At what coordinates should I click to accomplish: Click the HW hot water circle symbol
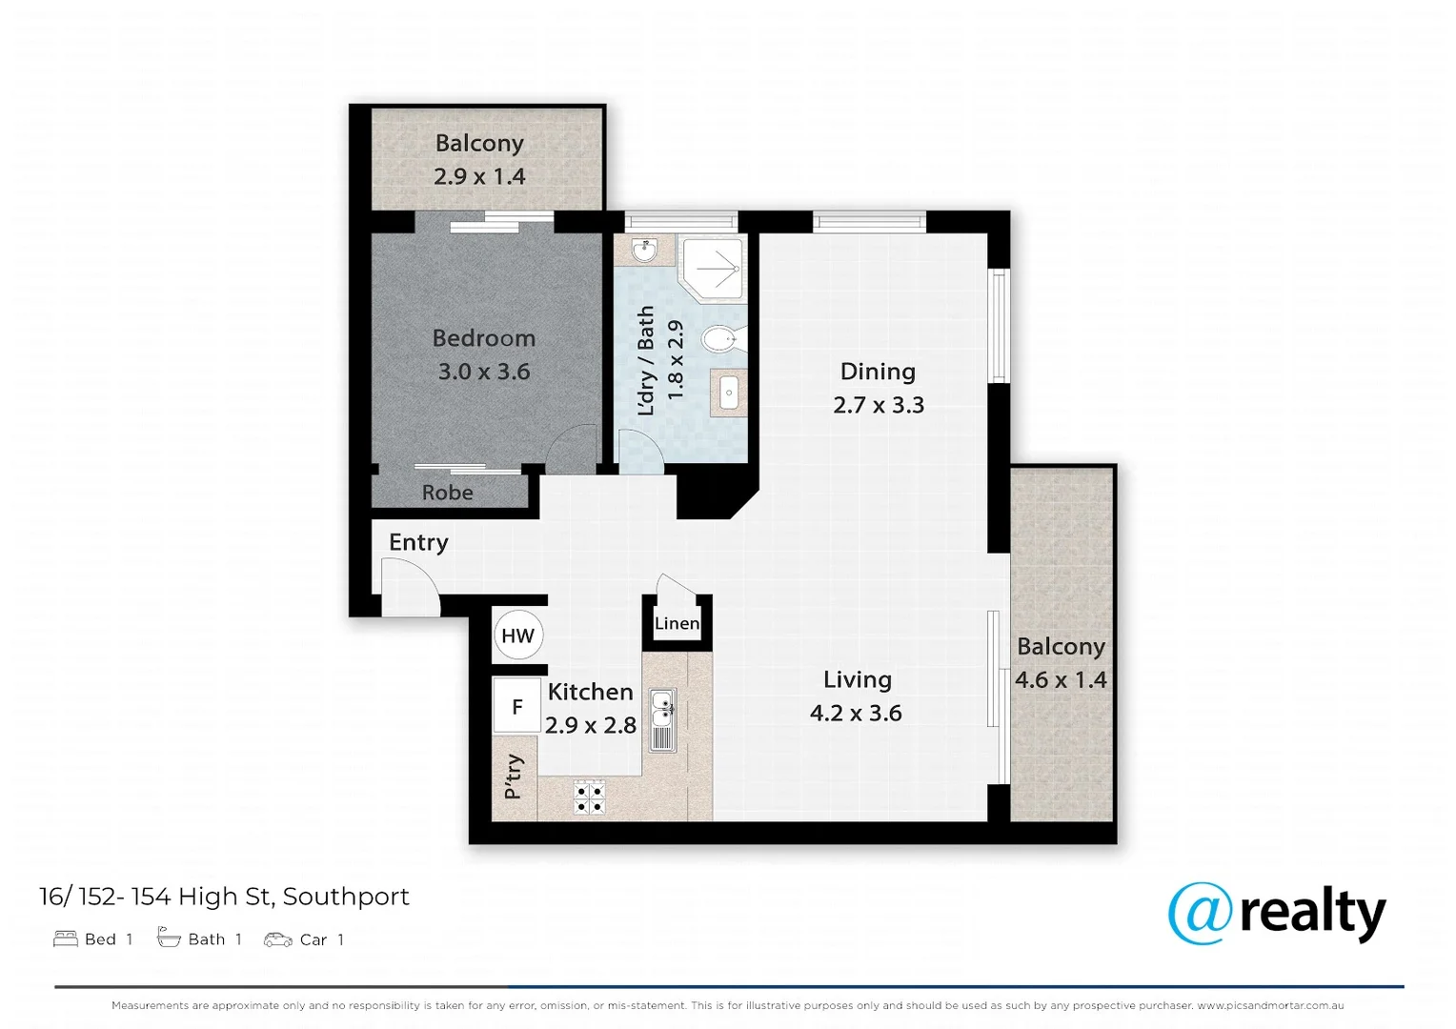coord(517,636)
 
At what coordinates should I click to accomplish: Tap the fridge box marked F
coord(516,706)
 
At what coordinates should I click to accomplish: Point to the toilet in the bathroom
coord(720,338)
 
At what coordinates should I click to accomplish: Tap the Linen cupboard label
coord(677,623)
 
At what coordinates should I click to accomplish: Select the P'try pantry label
coord(514,777)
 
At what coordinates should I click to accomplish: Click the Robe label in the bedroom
coord(447,493)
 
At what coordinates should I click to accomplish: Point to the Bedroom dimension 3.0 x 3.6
coord(483,372)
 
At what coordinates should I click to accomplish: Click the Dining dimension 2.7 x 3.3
coord(878,405)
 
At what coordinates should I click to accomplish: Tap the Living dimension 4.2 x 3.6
coord(855,713)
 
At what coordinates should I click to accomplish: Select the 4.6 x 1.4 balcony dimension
coord(1060,679)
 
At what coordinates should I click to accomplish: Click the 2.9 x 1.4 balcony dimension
coord(479,176)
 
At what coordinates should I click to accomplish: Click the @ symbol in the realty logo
coord(1199,913)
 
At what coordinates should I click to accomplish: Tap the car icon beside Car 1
coord(277,939)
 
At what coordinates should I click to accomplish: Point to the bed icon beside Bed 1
coord(66,938)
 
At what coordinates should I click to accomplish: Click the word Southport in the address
coord(346,897)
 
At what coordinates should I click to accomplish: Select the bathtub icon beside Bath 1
coord(169,938)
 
